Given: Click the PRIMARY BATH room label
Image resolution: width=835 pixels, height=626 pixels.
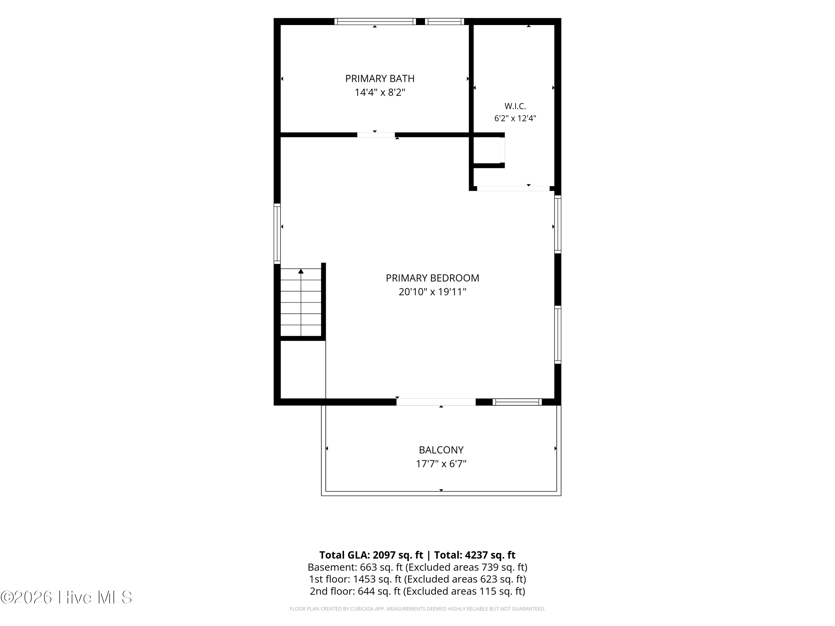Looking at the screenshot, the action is tap(380, 78).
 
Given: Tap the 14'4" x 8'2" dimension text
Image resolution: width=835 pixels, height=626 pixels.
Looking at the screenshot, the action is tap(380, 92).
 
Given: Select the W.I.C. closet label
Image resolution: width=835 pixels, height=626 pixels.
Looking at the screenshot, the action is tap(515, 106).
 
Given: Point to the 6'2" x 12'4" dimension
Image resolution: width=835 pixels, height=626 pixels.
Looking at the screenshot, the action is tap(515, 119).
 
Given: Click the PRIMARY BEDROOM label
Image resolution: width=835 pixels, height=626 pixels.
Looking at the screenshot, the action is tap(433, 278).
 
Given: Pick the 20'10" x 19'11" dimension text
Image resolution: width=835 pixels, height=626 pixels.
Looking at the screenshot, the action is tap(433, 292).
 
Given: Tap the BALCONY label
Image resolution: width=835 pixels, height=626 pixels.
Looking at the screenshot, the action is tap(441, 450).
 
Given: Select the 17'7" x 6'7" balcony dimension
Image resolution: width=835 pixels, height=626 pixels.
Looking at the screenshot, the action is tap(441, 464).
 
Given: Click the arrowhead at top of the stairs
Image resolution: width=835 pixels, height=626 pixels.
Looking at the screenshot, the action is tap(301, 271).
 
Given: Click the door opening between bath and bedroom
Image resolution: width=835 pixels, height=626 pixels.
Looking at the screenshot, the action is tap(376, 135).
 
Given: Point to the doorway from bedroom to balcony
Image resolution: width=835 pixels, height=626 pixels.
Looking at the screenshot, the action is tap(436, 402).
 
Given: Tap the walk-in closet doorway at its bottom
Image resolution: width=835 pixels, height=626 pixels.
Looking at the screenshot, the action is tap(513, 188).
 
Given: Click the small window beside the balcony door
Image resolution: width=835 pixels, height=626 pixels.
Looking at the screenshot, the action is tap(517, 402).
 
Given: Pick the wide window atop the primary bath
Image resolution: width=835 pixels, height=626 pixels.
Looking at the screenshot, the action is tap(375, 21).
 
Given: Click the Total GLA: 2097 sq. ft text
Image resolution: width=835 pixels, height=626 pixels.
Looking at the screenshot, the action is tap(371, 555).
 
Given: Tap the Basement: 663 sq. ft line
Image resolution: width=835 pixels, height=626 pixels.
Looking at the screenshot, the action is tap(417, 567).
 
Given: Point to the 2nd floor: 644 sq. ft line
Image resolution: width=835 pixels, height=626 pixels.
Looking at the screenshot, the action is tap(417, 591).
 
